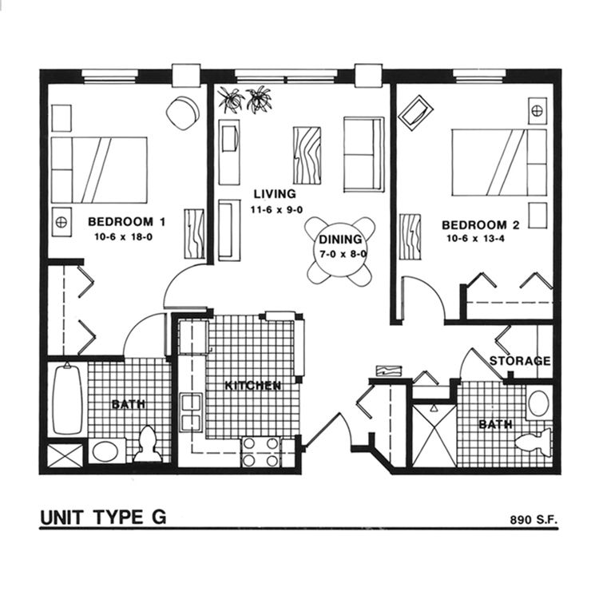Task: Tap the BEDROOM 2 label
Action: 481,225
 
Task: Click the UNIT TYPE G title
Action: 103,517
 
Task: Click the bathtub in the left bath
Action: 66,400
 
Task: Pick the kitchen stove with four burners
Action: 261,451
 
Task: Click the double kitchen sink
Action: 192,411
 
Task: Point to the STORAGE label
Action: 520,361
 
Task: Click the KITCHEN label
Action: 252,386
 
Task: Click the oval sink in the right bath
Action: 540,403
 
